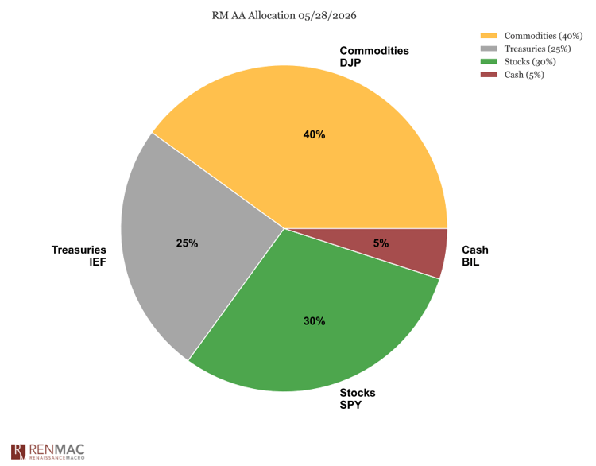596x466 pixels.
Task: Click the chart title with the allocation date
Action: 284,16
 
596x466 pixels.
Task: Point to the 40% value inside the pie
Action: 314,134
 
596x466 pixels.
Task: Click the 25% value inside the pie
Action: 187,243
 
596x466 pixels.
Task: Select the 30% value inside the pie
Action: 315,321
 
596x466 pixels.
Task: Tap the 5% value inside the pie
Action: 381,243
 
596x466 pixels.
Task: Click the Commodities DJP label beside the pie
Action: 374,56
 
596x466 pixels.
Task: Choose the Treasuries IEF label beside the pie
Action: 79,256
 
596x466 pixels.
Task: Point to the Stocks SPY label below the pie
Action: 358,398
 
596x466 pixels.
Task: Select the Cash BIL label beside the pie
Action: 475,256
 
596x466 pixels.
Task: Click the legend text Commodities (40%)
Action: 544,36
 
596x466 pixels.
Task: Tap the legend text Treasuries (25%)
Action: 537,49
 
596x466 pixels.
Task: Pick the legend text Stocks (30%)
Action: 530,61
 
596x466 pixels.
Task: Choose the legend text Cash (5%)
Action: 524,75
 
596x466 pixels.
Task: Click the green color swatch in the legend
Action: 489,61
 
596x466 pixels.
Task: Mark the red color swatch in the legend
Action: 489,75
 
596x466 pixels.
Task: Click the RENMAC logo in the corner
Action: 48,452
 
